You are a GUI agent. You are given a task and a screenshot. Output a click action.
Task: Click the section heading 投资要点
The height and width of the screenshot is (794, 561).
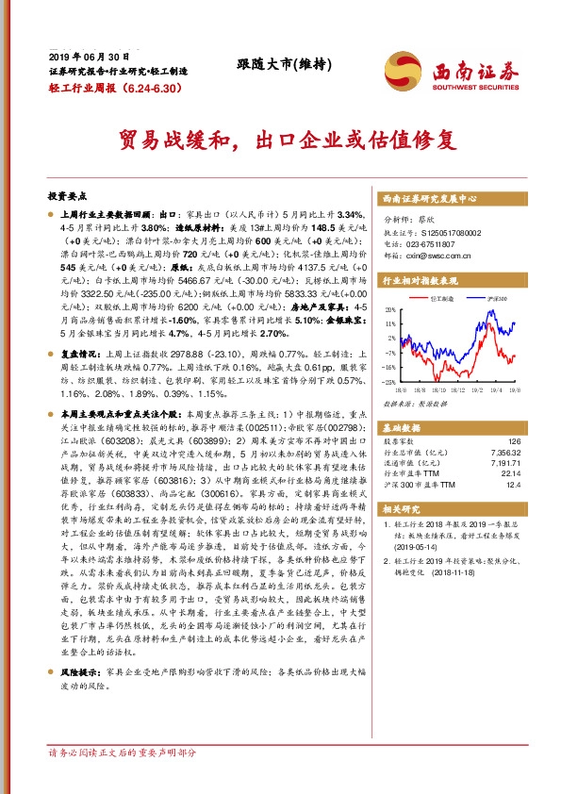coord(67,196)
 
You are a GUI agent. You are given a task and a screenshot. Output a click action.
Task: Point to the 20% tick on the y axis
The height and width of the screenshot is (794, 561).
coord(390,309)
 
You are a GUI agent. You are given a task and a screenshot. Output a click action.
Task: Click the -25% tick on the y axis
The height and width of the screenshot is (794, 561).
coord(389,382)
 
